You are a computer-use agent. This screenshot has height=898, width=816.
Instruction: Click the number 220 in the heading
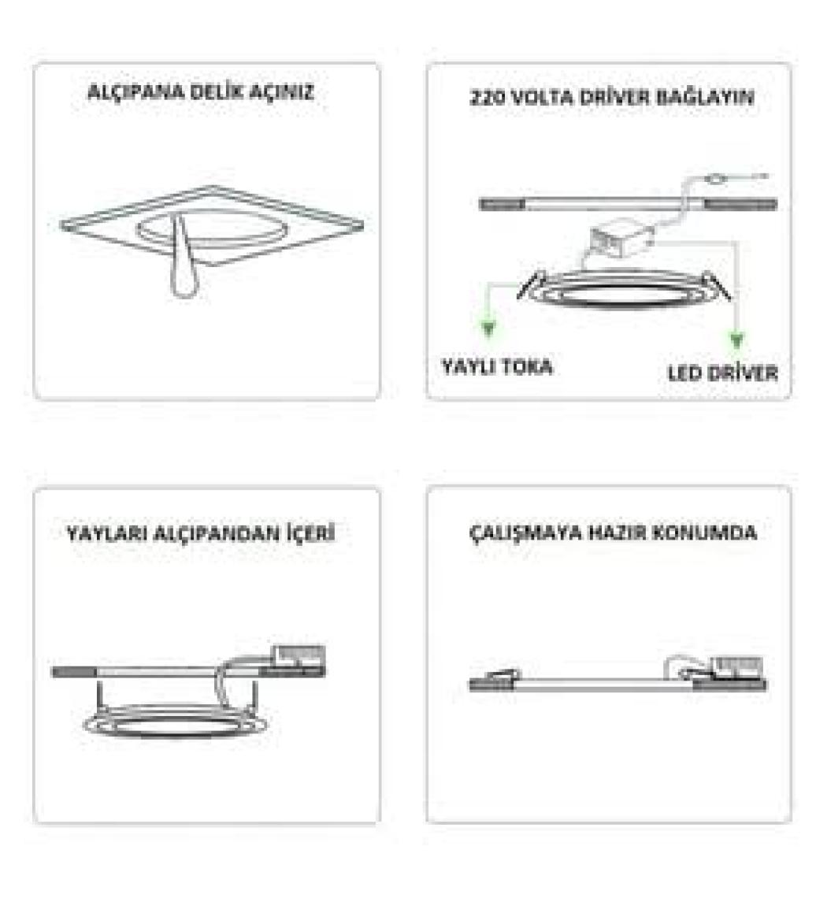point(487,98)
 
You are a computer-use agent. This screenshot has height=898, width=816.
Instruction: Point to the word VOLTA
point(542,98)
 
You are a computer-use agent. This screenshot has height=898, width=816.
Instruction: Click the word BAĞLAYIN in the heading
point(704,97)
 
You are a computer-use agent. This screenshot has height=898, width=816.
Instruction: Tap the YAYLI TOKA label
point(497,366)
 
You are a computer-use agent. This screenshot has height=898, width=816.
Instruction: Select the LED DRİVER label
point(722,373)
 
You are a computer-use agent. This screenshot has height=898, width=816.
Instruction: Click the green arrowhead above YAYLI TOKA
point(488,328)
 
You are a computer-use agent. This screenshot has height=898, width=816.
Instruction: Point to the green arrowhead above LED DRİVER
point(737,341)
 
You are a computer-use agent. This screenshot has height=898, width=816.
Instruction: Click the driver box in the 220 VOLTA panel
point(621,239)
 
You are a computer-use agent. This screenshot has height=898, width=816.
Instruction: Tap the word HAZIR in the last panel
point(618,532)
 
